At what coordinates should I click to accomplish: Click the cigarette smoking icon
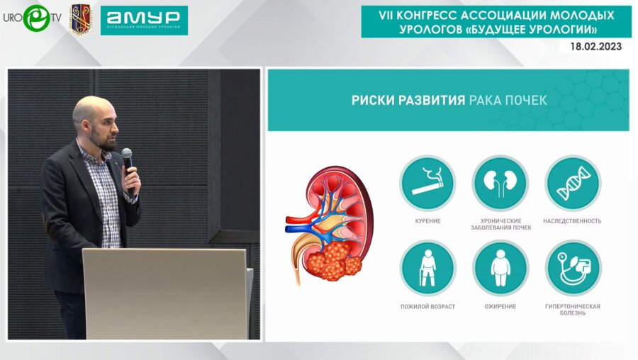click(x=427, y=183)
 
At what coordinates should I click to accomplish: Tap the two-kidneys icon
click(x=500, y=183)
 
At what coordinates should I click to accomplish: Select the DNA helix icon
click(x=573, y=183)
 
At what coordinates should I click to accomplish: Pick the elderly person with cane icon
click(x=427, y=268)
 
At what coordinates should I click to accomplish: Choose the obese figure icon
click(x=500, y=268)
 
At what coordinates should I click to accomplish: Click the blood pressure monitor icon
click(x=573, y=268)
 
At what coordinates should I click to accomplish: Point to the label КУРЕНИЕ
click(x=427, y=221)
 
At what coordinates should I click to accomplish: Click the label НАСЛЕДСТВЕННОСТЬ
click(x=572, y=221)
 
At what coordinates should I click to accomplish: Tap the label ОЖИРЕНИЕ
click(x=500, y=306)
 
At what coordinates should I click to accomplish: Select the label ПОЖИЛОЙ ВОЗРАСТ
click(x=427, y=306)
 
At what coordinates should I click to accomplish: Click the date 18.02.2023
click(x=595, y=46)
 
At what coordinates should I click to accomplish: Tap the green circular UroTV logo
click(x=37, y=18)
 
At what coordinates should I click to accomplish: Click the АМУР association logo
click(x=144, y=21)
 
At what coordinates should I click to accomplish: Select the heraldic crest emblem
click(x=81, y=19)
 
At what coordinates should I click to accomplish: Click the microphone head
click(x=127, y=154)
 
